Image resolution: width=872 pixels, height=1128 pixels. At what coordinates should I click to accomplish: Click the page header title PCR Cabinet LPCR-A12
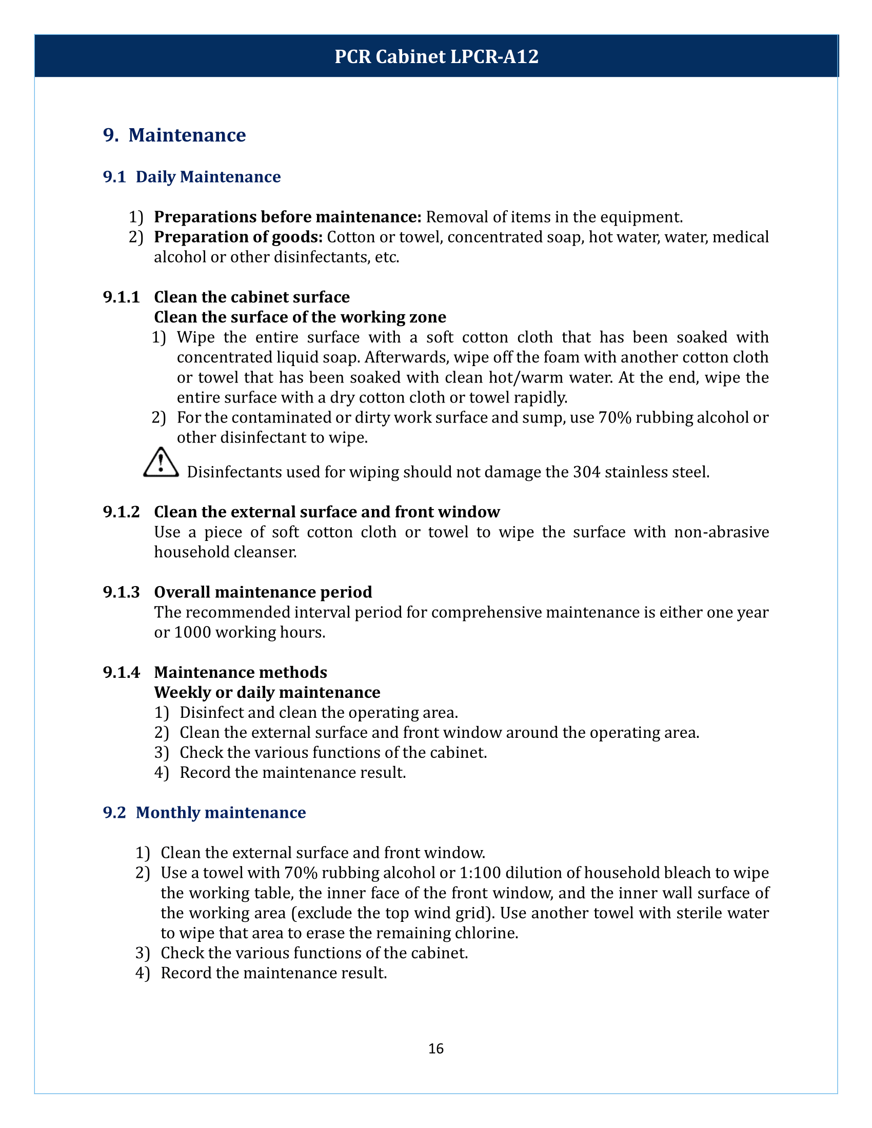(x=436, y=56)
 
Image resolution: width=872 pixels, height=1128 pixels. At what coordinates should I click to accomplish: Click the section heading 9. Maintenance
(x=174, y=135)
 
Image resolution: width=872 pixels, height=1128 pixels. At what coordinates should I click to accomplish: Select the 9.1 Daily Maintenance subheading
(x=192, y=177)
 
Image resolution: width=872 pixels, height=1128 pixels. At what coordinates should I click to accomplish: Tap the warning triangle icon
(x=161, y=463)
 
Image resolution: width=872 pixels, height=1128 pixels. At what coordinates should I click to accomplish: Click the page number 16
(x=435, y=1049)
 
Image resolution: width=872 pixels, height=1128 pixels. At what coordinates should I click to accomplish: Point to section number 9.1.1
(x=122, y=297)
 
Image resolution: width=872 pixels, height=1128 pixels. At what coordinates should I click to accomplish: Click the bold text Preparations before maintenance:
(x=288, y=217)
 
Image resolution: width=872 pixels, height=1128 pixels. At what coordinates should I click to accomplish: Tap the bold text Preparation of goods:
(x=238, y=237)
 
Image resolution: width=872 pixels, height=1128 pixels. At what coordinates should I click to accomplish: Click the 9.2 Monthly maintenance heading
(x=204, y=813)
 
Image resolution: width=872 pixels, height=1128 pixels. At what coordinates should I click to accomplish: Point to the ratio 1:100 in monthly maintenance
(x=480, y=873)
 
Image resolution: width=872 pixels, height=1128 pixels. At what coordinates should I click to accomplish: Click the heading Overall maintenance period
(x=263, y=592)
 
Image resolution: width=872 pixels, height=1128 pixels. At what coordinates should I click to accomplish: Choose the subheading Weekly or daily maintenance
(x=267, y=692)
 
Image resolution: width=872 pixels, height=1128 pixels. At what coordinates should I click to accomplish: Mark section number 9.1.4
(x=122, y=673)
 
